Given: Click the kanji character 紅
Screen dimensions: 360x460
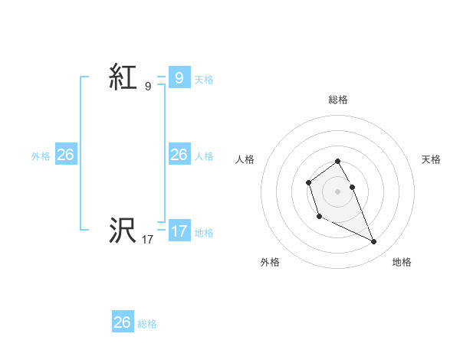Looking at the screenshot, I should click(x=123, y=77).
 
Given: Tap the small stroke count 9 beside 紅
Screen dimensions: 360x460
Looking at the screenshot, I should click(x=148, y=87).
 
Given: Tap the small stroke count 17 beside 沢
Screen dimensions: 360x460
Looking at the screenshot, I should click(x=148, y=239).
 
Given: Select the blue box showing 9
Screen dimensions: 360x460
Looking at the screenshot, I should click(x=179, y=77).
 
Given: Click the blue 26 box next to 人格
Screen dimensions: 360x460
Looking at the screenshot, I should click(x=179, y=155).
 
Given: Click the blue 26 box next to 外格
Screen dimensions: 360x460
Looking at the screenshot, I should click(x=65, y=155).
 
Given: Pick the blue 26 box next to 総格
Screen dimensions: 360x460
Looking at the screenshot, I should click(x=123, y=322).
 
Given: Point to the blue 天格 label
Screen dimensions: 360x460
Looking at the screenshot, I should click(x=204, y=80).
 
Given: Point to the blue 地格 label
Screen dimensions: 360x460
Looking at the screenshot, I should click(x=204, y=233).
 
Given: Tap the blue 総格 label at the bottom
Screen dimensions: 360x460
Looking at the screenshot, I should click(x=147, y=325).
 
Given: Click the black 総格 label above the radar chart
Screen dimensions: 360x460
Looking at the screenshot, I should click(x=338, y=100).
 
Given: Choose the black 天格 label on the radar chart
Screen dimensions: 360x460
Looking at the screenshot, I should click(x=431, y=159).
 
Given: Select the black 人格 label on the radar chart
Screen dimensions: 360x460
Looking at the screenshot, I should click(x=245, y=159).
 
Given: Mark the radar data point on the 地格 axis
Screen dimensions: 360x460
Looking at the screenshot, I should click(x=374, y=242).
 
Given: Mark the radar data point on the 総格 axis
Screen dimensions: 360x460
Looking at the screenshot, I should click(x=338, y=161).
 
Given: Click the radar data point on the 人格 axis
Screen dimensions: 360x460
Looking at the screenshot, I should click(x=308, y=182).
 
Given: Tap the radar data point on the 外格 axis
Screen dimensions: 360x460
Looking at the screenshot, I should click(x=319, y=217).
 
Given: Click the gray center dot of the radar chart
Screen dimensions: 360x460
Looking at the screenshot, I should click(x=338, y=191).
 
